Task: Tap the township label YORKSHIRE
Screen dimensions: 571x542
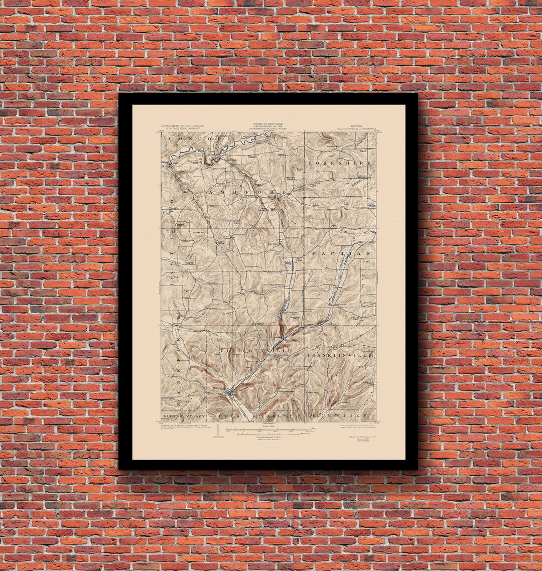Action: coord(340,164)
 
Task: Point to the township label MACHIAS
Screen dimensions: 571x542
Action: coord(342,254)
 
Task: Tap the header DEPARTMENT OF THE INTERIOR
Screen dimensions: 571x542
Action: coord(182,126)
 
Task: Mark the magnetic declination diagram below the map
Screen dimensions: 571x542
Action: coord(216,433)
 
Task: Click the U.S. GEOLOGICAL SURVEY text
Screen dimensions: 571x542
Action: coord(182,129)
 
